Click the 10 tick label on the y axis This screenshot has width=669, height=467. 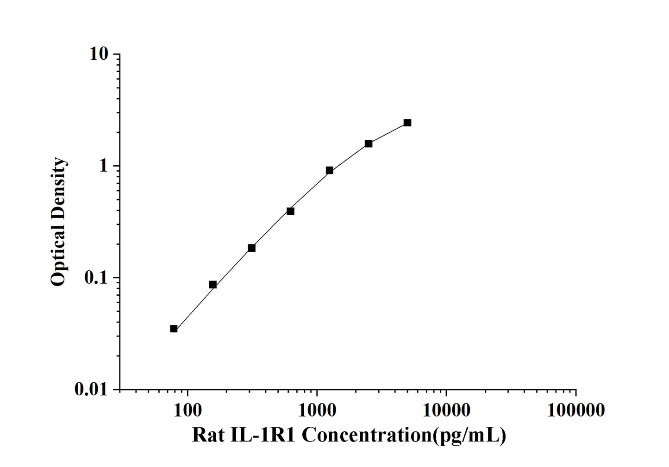(99, 54)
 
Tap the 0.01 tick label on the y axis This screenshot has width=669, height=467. (90, 390)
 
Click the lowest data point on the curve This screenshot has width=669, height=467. (174, 329)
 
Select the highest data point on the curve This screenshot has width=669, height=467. (407, 123)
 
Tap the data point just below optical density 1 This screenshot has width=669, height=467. (330, 170)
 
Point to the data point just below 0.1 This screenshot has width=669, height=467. (213, 285)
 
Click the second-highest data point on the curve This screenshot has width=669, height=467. (369, 143)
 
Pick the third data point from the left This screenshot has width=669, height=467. (251, 248)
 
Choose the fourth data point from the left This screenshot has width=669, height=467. (290, 211)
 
